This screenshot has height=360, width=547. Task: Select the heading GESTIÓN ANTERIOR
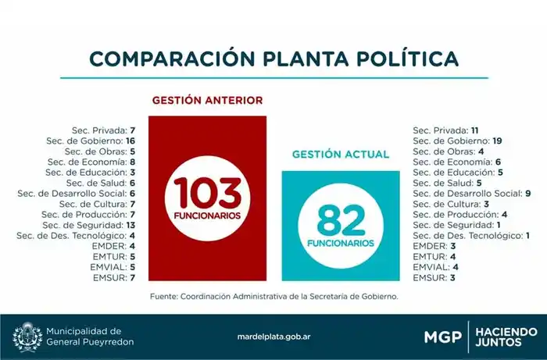click(207, 101)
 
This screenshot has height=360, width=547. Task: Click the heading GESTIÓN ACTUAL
click(340, 155)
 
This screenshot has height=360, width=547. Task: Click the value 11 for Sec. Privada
click(476, 129)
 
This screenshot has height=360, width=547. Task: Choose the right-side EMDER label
click(428, 246)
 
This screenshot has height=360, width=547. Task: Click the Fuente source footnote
click(273, 297)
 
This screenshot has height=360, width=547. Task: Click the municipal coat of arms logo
click(27, 337)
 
